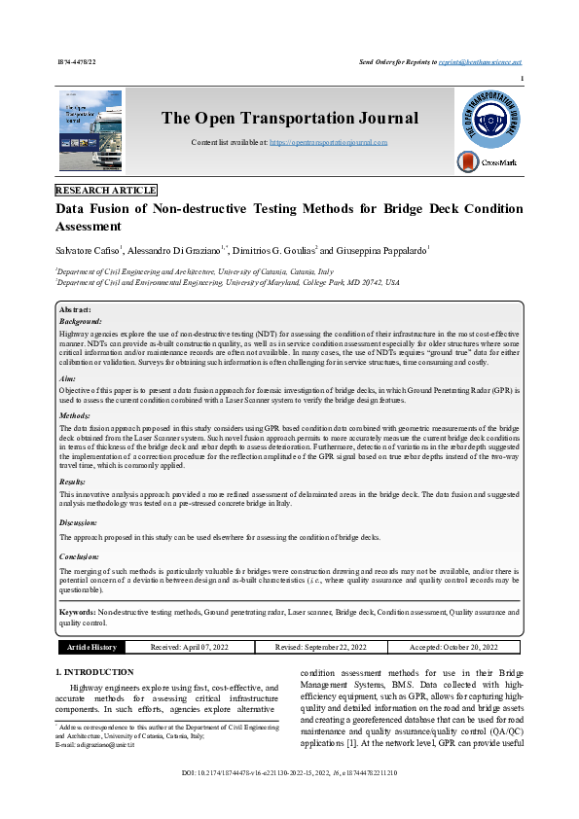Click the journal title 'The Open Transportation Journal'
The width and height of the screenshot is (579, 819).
(289, 119)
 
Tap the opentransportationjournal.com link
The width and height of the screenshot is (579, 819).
(328, 142)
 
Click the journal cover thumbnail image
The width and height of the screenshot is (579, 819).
(90, 131)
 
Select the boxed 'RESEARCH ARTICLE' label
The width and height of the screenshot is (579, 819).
(106, 191)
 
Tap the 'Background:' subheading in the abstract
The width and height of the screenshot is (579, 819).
(81, 320)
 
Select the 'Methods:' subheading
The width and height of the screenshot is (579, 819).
(75, 415)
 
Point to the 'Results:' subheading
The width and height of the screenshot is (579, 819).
(73, 481)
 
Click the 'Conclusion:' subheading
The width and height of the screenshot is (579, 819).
(79, 556)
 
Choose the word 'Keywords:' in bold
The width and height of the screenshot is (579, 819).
(78, 613)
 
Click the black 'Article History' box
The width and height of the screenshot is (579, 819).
(90, 647)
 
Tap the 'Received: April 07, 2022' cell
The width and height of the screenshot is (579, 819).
(189, 647)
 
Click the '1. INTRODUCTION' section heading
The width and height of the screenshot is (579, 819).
(94, 672)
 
